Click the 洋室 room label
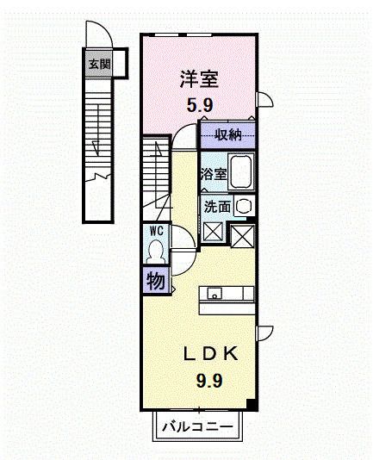pyautogui.click(x=199, y=79)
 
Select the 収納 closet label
pyautogui.click(x=227, y=134)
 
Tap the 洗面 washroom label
pyautogui.click(x=217, y=207)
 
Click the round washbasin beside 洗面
pyautogui.click(x=244, y=207)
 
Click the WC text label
pyautogui.click(x=156, y=231)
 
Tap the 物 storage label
pyautogui.click(x=155, y=281)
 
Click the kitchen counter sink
pyautogui.click(x=214, y=293)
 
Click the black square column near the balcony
pyautogui.click(x=250, y=404)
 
